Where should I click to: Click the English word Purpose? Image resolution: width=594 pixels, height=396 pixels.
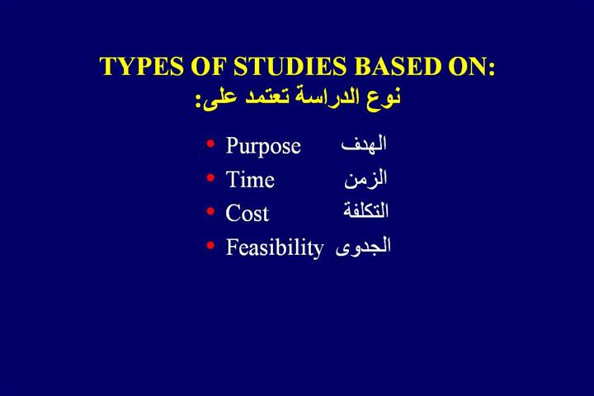pos(263,146)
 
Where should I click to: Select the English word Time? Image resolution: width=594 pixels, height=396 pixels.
pos(250,179)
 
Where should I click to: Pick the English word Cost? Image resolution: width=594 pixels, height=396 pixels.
pos(247,213)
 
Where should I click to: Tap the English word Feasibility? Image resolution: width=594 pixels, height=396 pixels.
pos(275,247)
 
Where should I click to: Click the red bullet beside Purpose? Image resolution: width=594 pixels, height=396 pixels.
pos(210,144)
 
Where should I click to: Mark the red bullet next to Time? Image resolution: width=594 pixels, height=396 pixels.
pos(210,177)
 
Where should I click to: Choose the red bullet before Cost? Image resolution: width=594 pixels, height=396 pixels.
pos(210,211)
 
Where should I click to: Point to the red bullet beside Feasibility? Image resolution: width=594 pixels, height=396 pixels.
pos(210,246)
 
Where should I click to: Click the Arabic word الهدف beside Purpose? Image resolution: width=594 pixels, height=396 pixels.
pos(364,144)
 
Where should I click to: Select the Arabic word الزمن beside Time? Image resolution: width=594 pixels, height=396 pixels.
pos(365,178)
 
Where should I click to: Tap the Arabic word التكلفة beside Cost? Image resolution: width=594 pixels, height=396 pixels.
pos(366,210)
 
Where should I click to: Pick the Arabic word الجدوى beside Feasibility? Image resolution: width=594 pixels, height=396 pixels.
pos(363,247)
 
